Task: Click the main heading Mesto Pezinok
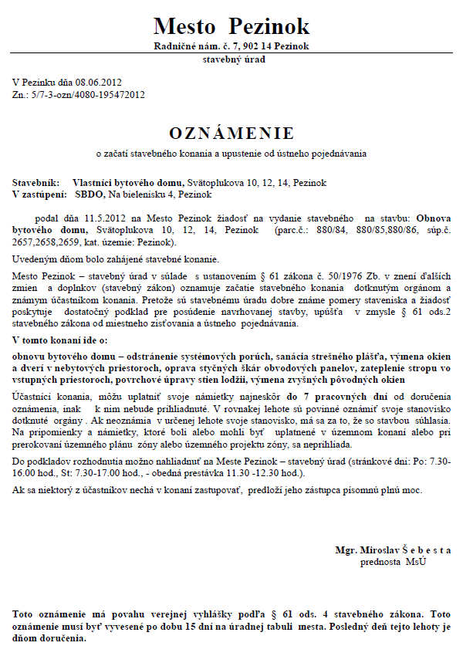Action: coord(231,25)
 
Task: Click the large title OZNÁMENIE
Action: coord(231,131)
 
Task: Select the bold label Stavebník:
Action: coord(35,183)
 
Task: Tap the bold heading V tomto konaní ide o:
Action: coord(60,340)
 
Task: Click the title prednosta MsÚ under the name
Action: coord(393,562)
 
